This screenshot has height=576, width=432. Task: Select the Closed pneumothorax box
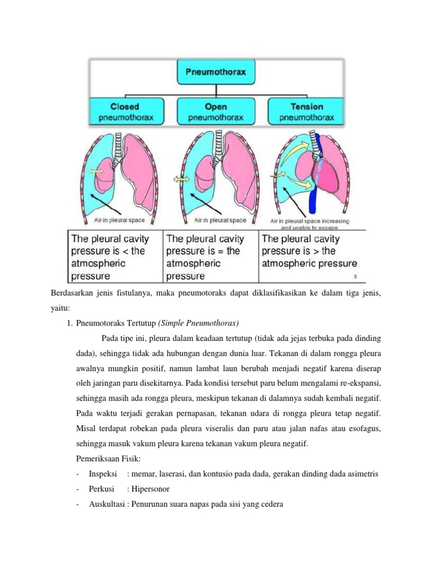point(125,112)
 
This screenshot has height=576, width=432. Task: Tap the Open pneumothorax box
point(217,112)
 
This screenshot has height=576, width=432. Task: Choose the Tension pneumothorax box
point(307,112)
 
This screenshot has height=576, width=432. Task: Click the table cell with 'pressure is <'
point(115,256)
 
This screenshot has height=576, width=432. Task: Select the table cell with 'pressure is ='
point(210,256)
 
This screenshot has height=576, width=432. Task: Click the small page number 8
point(355,276)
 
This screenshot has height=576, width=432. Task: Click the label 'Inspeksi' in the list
point(102,474)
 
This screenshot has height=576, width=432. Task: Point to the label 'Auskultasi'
point(106,505)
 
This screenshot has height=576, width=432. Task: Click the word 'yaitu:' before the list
point(56,308)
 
